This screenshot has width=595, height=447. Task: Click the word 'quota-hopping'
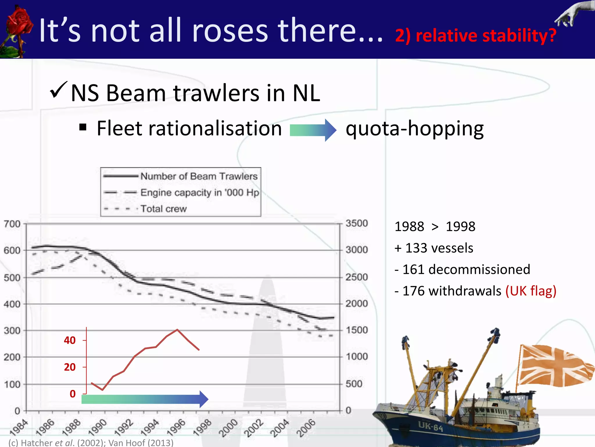coord(415,129)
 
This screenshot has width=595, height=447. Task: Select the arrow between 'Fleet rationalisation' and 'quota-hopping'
coord(313,130)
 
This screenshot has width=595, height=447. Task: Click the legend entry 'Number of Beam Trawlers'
coord(199,176)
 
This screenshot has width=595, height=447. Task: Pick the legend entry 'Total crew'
coord(163,209)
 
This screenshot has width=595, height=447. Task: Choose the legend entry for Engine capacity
coord(200,193)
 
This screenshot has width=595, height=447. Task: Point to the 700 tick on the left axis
coord(12,224)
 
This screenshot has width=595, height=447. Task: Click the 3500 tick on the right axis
coord(356,223)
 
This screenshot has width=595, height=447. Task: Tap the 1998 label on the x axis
coord(202,428)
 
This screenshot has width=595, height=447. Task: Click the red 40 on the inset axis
coord(70,340)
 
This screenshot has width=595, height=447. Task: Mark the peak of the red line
coord(177,330)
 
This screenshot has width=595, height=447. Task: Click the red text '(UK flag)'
coord(531,291)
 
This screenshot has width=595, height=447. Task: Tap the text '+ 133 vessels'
coord(434,248)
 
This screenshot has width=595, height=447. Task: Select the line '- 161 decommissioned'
coord(462,269)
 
